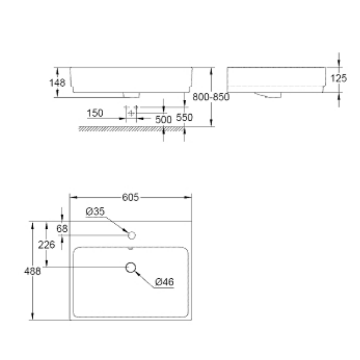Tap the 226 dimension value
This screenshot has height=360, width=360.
tap(46, 245)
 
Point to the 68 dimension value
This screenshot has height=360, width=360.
tap(62, 229)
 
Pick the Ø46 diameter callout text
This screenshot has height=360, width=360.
tap(164, 282)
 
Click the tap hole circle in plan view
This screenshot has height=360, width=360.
tap(132, 235)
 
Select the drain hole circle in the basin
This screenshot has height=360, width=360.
tap(131, 267)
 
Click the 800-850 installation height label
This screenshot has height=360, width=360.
tap(211, 97)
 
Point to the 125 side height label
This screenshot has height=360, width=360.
tap(338, 78)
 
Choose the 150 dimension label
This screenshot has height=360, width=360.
tap(95, 114)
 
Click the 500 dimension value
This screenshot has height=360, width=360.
tap(163, 119)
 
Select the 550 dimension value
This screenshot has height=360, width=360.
tap(184, 117)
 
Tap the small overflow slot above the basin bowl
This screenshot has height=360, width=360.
tap(132, 248)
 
